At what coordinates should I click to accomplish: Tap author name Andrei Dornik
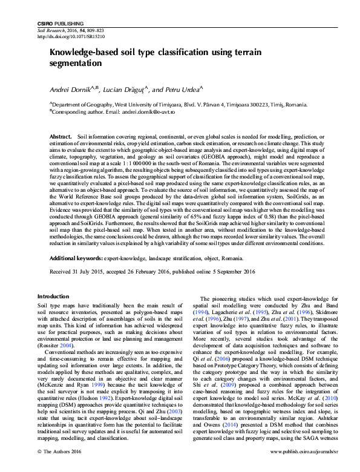(69, 90)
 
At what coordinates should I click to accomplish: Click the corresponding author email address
(148, 112)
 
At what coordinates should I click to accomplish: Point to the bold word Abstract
(61, 137)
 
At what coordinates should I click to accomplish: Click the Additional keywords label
(76, 258)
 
